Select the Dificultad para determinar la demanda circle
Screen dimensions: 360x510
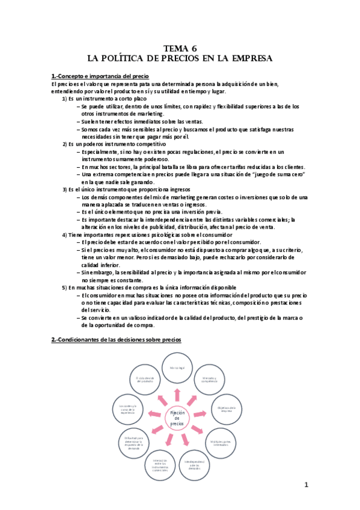[132, 441]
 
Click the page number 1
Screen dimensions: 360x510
[305, 485]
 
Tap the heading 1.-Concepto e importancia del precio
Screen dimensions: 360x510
[100, 76]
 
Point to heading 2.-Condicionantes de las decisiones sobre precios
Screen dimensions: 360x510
[116, 340]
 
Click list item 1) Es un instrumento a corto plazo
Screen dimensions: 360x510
[105, 98]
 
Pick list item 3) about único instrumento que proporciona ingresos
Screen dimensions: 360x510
[124, 189]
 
